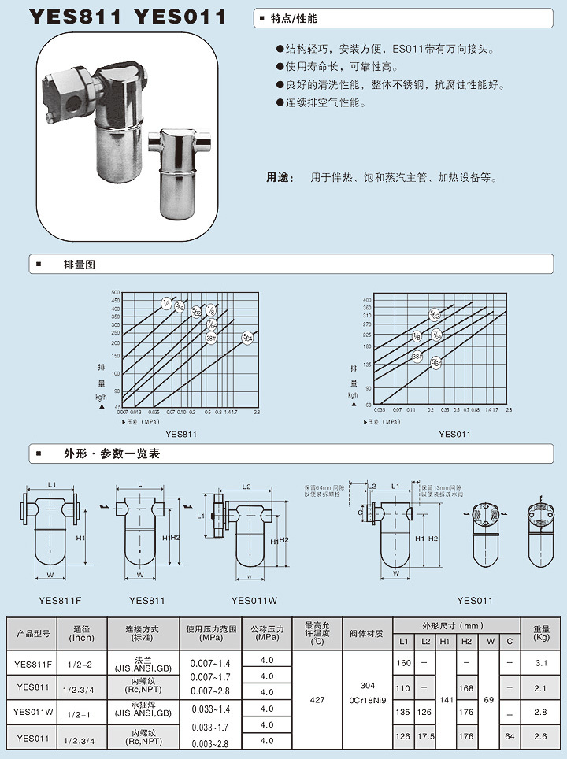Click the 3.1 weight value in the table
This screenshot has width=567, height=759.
pyautogui.click(x=541, y=664)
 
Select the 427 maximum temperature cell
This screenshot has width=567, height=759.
pyautogui.click(x=317, y=699)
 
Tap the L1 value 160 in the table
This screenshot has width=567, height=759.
pyautogui.click(x=404, y=664)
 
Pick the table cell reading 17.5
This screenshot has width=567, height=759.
pyautogui.click(x=426, y=738)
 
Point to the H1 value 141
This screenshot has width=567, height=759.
pyautogui.click(x=445, y=699)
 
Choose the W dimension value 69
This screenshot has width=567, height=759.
pyautogui.click(x=489, y=699)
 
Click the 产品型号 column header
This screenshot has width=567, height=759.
pyautogui.click(x=33, y=632)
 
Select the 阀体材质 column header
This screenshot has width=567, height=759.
pyautogui.click(x=367, y=632)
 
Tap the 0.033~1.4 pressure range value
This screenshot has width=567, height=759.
pyautogui.click(x=210, y=710)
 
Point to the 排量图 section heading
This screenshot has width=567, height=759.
pyautogui.click(x=79, y=265)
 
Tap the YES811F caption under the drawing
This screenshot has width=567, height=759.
pyautogui.click(x=60, y=601)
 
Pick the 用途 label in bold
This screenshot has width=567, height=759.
pyautogui.click(x=276, y=178)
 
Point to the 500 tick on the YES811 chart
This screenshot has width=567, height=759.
pyautogui.click(x=115, y=292)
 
